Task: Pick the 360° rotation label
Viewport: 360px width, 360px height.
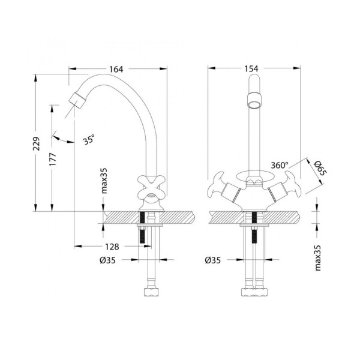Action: [x=280, y=165]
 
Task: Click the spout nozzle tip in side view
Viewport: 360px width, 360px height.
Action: [x=76, y=100]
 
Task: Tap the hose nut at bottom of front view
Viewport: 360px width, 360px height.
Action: [x=254, y=293]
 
